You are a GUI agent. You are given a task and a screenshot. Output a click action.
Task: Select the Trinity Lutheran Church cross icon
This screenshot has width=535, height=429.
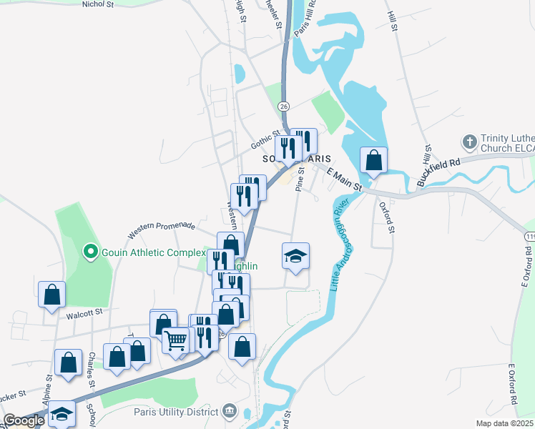469,142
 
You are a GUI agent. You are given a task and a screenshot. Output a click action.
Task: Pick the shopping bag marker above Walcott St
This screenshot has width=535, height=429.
51,294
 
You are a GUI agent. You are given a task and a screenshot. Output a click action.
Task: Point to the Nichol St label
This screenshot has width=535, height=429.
98,4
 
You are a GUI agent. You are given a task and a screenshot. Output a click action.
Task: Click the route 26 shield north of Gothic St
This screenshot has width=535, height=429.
284,107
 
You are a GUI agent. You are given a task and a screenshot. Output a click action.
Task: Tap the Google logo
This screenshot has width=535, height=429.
24,420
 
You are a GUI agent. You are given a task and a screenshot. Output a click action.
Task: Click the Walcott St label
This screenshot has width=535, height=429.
84,312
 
